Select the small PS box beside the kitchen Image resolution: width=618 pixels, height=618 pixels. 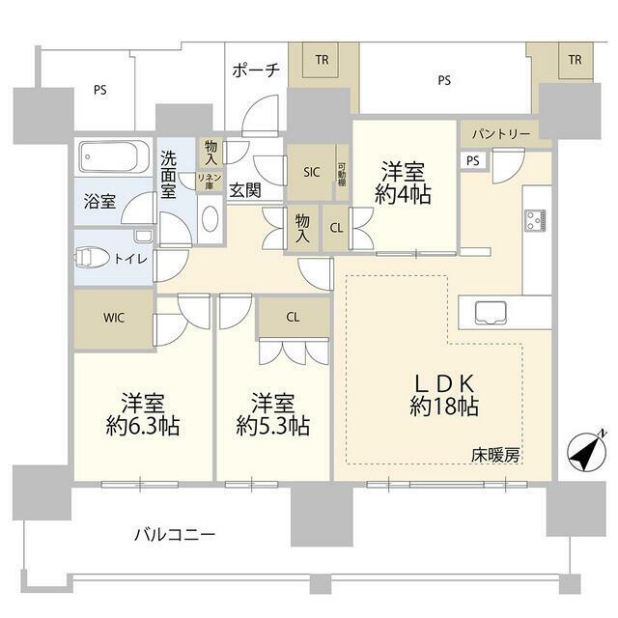[x=472, y=160]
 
